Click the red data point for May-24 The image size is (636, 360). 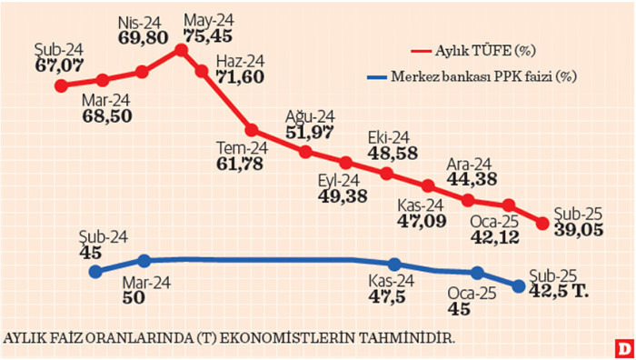180,50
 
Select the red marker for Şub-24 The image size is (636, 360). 62,86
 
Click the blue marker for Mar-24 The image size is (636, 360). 143,261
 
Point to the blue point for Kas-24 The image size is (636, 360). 394,264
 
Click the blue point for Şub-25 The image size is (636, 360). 520,286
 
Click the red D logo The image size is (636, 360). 622,346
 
